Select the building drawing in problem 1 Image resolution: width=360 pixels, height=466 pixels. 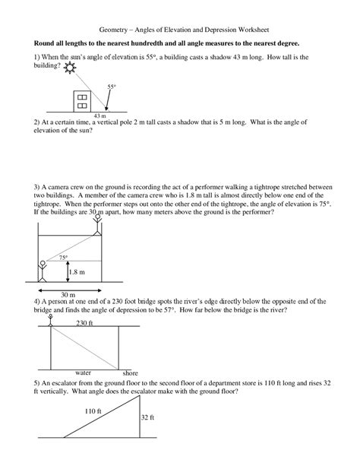pyautogui.click(x=81, y=100)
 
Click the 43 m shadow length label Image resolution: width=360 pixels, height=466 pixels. pyautogui.click(x=99, y=116)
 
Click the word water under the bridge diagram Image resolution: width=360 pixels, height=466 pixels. pyautogui.click(x=84, y=373)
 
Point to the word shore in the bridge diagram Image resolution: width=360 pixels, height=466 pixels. pyautogui.click(x=130, y=374)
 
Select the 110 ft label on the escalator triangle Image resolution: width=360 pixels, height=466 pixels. pyautogui.click(x=93, y=411)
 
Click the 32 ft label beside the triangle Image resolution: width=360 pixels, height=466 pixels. pyautogui.click(x=147, y=417)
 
